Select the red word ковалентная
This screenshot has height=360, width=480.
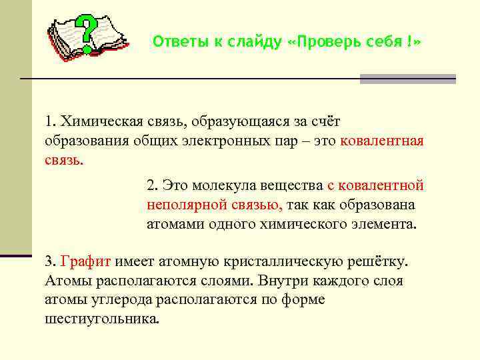pos(382,141)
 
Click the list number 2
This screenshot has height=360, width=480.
pos(150,185)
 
